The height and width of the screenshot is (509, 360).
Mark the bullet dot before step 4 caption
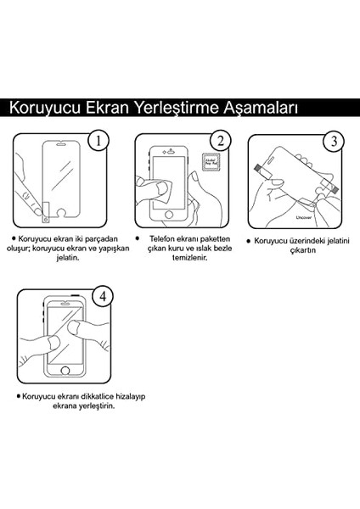tap(18, 396)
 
